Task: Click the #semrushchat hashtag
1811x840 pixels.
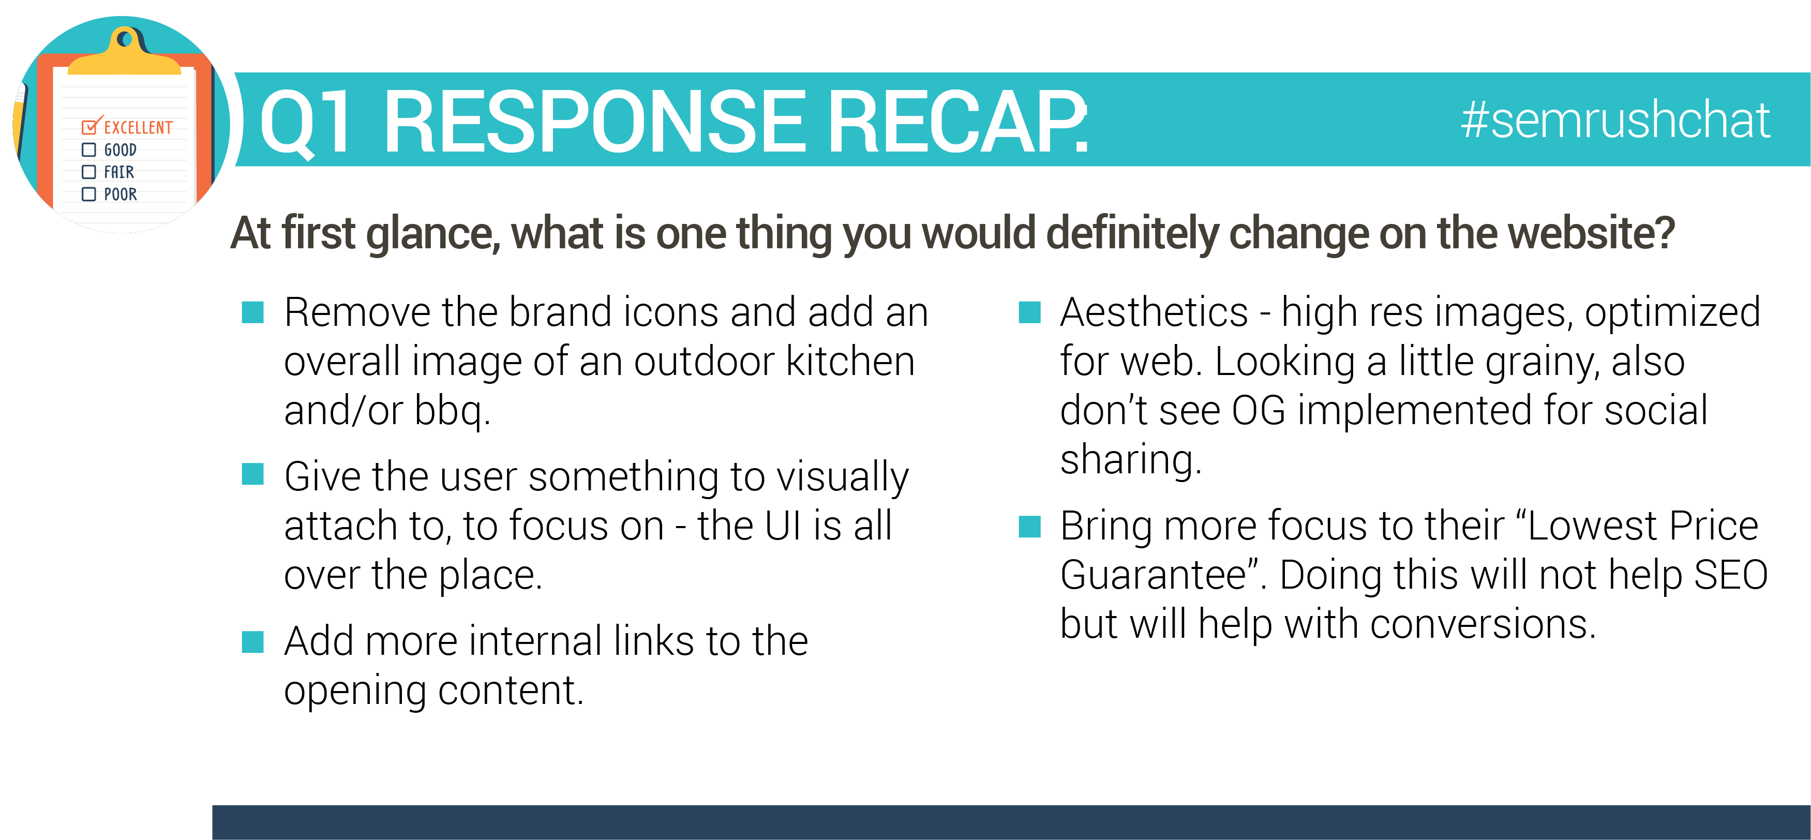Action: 1615,119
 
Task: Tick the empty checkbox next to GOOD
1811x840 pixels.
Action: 88,149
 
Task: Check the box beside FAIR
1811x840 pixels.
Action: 88,172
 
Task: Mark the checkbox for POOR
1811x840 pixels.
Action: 88,194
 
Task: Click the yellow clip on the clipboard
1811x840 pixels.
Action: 125,51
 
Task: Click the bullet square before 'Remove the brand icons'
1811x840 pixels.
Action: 252,312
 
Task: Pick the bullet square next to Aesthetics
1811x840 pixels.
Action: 1029,312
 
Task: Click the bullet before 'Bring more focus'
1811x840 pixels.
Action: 1029,526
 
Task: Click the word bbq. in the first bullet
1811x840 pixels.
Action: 452,411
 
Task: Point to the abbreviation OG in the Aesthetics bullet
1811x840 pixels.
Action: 1259,411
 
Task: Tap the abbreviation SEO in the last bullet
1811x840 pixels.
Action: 1731,575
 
